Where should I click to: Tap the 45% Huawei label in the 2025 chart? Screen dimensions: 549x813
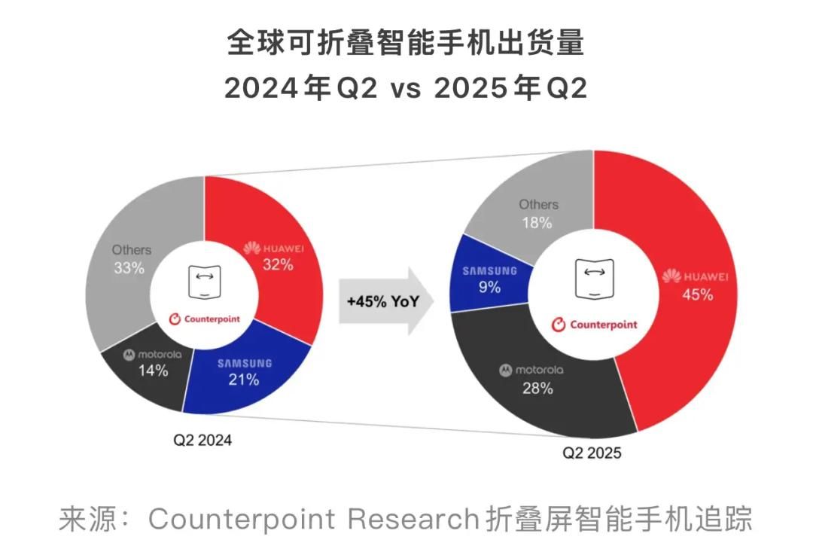696,285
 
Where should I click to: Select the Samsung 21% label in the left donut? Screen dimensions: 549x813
244,372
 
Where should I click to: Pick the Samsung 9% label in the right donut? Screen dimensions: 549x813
489,279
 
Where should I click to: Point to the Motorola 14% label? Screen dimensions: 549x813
153,362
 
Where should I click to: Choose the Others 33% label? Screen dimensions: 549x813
131,258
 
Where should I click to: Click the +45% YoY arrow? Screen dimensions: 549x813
383,300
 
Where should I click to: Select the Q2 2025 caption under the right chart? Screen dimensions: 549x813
592,453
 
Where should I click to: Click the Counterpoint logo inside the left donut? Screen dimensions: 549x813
202,319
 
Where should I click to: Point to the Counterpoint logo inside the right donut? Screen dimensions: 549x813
594,325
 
